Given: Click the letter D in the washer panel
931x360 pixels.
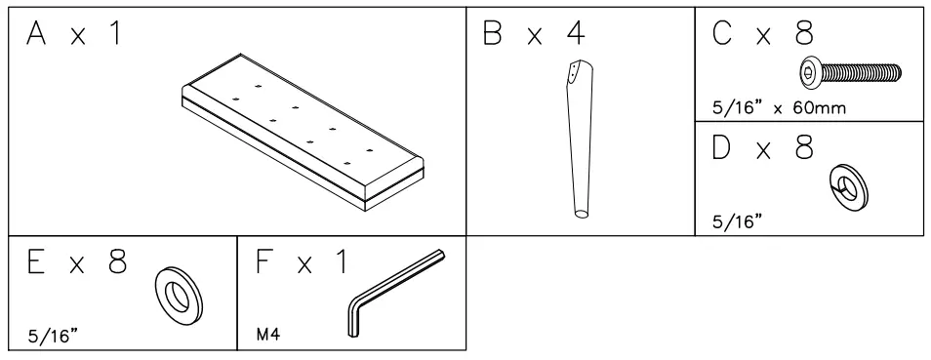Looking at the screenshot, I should click(724, 151).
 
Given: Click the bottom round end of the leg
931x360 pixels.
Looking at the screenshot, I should click(581, 214).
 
